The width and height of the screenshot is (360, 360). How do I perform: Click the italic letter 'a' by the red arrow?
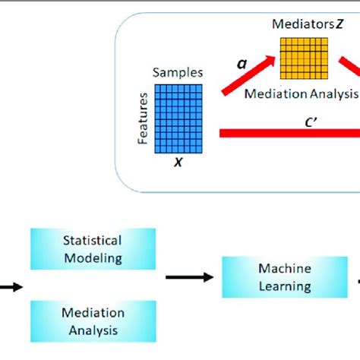point(242,65)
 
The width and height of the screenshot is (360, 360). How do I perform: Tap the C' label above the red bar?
point(311,119)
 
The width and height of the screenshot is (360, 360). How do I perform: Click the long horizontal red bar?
point(289,134)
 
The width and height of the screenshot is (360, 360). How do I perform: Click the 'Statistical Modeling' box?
point(92,248)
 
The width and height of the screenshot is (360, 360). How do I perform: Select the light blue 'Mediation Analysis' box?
point(92,321)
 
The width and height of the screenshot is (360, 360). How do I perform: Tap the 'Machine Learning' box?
point(285,277)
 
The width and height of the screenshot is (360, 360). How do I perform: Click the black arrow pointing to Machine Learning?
point(188,278)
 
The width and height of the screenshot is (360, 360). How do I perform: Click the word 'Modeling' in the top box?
point(92,257)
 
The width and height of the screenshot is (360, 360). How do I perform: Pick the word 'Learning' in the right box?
point(285,286)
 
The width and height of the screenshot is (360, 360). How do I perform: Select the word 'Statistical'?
point(92,240)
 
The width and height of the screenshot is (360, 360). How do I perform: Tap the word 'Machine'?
point(285,269)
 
